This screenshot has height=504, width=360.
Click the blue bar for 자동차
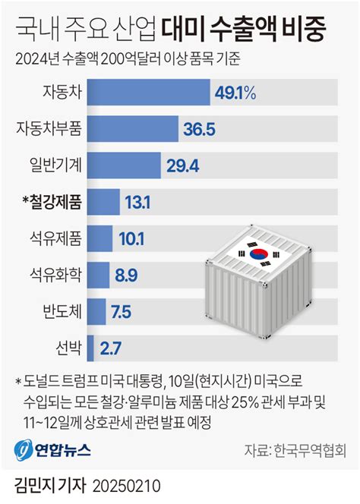(x=149, y=93)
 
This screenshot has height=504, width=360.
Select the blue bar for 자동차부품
(x=134, y=129)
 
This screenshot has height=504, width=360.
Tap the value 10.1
(x=132, y=238)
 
